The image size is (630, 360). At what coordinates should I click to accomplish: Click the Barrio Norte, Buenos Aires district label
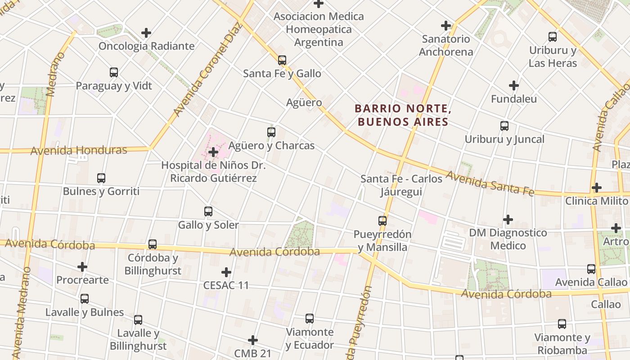coord(402,115)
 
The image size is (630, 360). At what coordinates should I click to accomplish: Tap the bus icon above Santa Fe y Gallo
coord(282,60)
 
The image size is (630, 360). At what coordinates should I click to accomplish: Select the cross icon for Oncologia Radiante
coord(146,33)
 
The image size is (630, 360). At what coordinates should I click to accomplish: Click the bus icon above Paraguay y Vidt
coord(114,72)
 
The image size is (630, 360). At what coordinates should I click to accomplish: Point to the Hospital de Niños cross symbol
coord(213,153)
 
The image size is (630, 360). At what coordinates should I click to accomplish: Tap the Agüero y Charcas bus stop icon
coord(271,132)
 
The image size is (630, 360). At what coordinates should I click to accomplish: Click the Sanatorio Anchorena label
coord(446,45)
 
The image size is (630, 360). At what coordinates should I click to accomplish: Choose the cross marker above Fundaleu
coord(514,85)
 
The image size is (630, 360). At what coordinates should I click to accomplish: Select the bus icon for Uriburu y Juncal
coord(504,126)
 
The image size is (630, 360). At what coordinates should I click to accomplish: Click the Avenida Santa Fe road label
coord(490,183)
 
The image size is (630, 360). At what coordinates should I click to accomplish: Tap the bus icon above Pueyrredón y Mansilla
coord(382,221)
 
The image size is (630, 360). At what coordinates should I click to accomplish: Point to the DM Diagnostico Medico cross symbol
coord(508,220)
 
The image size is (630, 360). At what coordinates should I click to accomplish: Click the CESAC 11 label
coord(226,285)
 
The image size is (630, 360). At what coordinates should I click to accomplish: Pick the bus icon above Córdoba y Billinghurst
coord(153,244)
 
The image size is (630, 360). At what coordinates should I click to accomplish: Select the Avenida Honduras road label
coord(79,150)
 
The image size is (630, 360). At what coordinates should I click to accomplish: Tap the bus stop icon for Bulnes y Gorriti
coord(101,178)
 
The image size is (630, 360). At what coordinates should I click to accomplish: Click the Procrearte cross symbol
coord(82,267)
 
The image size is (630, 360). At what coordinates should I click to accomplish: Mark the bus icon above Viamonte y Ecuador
coord(310,319)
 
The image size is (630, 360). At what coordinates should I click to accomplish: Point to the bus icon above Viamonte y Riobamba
coord(562,324)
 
